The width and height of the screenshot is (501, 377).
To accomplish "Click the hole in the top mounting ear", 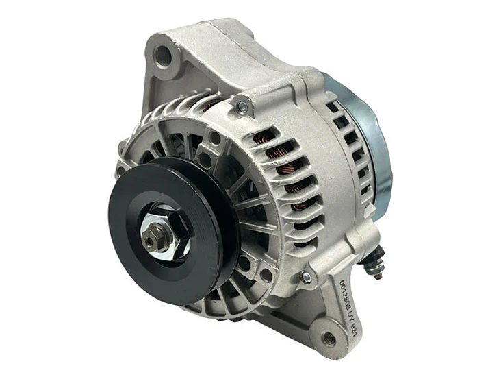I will coord(163,52).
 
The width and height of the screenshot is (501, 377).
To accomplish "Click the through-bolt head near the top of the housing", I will coord(241,106).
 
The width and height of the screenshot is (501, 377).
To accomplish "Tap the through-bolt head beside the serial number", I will coord(306,277).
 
